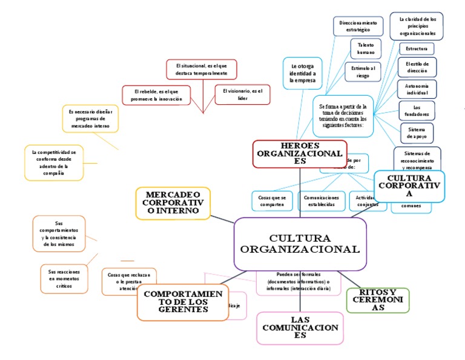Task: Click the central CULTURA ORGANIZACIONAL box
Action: [x=300, y=244]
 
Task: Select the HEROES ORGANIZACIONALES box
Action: [x=300, y=153]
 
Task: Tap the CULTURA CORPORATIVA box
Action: [x=409, y=185]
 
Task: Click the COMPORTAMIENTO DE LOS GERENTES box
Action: [x=182, y=302]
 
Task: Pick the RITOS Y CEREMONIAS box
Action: [x=377, y=300]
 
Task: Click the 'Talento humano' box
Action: [x=366, y=48]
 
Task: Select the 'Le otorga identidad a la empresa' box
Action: [x=302, y=73]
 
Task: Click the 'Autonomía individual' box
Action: [x=417, y=90]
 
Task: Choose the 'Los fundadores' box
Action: [x=417, y=110]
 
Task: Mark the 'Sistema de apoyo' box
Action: [x=417, y=133]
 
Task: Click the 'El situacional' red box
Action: [x=201, y=68]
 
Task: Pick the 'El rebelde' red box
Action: [x=156, y=94]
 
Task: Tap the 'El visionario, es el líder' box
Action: [x=242, y=94]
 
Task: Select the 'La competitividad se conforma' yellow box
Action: [x=53, y=162]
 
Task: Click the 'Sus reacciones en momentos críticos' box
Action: [x=64, y=279]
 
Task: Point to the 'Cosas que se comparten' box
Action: [x=272, y=201]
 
